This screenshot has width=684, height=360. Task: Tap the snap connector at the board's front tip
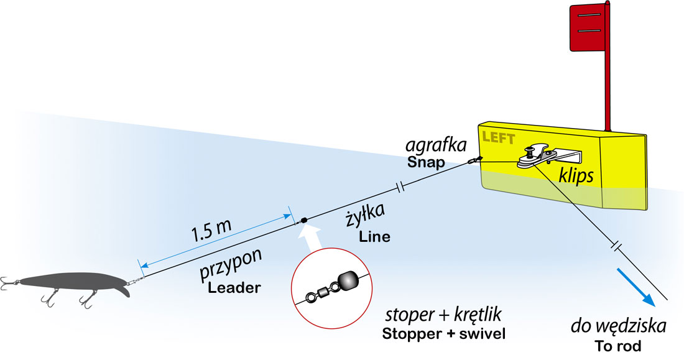pos(474,160)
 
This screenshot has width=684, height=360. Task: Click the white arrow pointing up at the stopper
pos(310,239)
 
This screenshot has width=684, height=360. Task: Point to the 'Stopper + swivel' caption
pos(445,334)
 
